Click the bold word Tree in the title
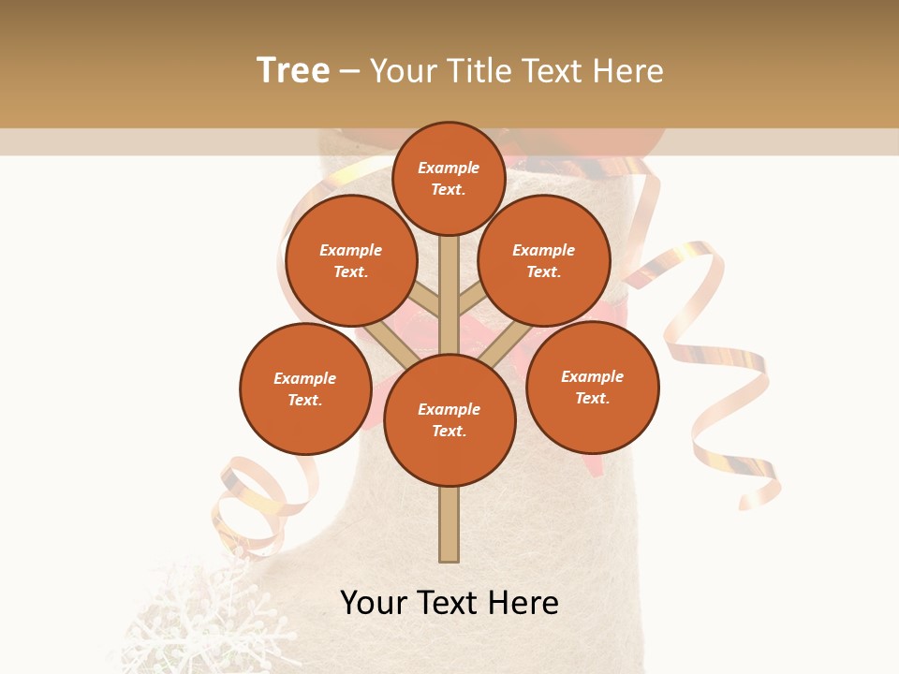click(x=293, y=70)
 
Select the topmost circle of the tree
click(x=449, y=179)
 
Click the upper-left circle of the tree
click(x=351, y=261)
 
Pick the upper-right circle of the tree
click(x=544, y=261)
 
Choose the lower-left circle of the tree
click(x=305, y=389)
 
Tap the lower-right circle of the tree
click(x=593, y=388)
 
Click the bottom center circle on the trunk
click(x=449, y=420)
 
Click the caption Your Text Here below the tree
click(x=449, y=603)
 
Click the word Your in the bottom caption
click(x=373, y=603)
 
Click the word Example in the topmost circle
click(x=449, y=168)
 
